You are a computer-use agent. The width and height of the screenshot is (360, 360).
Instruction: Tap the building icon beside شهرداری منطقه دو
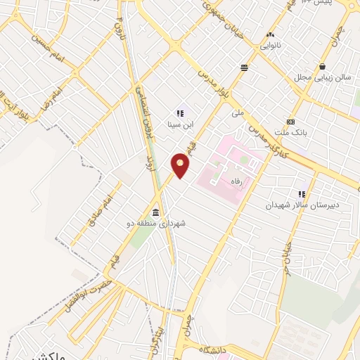(155, 213)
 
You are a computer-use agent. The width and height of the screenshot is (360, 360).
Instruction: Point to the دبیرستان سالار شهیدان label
(302, 205)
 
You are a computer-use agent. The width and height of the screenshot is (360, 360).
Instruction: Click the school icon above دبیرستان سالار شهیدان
(302, 193)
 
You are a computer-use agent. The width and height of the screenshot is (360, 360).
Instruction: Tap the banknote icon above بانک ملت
(291, 121)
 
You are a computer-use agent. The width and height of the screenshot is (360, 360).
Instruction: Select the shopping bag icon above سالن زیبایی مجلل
(322, 66)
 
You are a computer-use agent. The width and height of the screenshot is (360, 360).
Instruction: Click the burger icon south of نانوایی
(244, 68)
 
